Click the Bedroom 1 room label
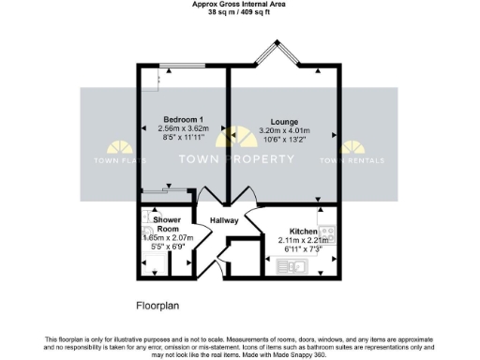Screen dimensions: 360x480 pyautogui.click(x=184, y=119)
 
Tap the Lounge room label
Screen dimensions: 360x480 pyautogui.click(x=284, y=122)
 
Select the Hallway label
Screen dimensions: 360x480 pyautogui.click(x=223, y=220)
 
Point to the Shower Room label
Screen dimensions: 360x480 pyautogui.click(x=167, y=224)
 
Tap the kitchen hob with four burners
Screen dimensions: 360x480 pyautogui.click(x=327, y=232)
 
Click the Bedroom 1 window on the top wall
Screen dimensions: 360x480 pyautogui.click(x=182, y=66)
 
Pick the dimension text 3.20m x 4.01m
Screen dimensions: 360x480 pyautogui.click(x=284, y=131)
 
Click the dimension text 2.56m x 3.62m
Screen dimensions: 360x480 pyautogui.click(x=184, y=129)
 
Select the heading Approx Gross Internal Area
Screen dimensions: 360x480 pyautogui.click(x=239, y=4)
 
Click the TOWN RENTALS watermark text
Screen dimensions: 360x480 pyautogui.click(x=354, y=160)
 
